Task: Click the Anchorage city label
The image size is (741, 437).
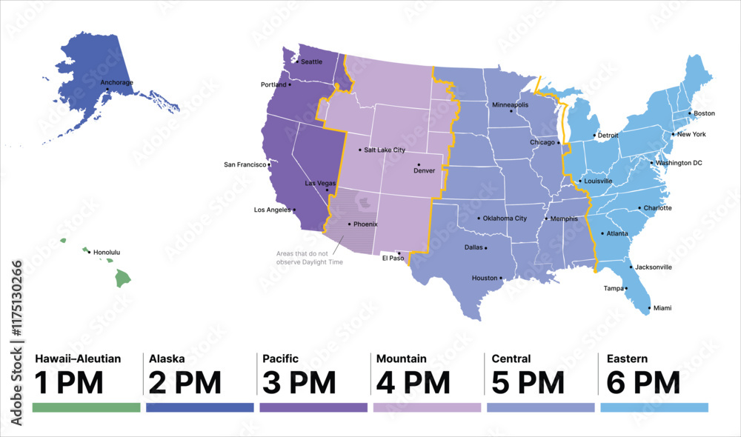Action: click(116, 82)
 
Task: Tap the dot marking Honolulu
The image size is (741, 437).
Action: click(90, 253)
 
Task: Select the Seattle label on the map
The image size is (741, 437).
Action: click(311, 61)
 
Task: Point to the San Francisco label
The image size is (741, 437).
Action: click(245, 164)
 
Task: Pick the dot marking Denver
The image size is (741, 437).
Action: click(419, 164)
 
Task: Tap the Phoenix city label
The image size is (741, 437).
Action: click(365, 224)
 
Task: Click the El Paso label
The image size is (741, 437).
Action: click(393, 258)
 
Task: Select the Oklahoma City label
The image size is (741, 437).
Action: click(505, 218)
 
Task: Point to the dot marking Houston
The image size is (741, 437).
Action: click(502, 278)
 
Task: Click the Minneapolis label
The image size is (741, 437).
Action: click(510, 104)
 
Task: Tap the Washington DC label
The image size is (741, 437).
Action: click(678, 162)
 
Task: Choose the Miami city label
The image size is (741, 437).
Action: click(662, 307)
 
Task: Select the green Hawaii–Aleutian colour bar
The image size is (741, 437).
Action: click(87, 407)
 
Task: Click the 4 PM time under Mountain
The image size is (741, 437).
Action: click(413, 383)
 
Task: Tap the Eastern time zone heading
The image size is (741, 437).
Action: click(627, 358)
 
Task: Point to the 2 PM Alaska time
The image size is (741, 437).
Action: click(185, 383)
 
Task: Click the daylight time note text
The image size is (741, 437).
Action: click(310, 258)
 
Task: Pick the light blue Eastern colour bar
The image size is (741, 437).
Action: click(654, 407)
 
